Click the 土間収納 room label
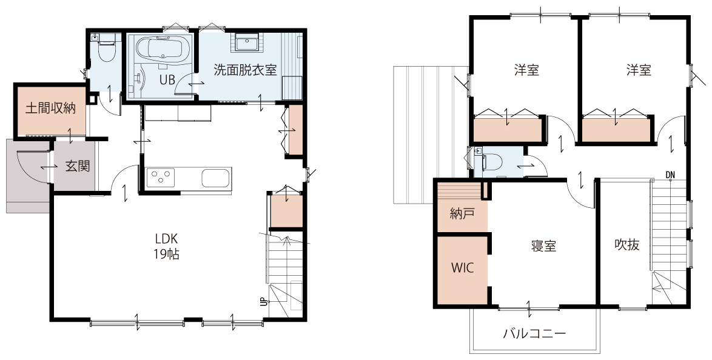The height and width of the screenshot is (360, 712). (x=50, y=108)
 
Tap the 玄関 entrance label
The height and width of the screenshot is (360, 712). (x=78, y=166)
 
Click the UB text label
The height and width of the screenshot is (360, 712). (x=167, y=80)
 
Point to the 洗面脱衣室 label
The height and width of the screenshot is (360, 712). (x=245, y=70)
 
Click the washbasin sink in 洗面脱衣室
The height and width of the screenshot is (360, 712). (x=247, y=42)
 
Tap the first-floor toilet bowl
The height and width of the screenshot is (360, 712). (x=106, y=52)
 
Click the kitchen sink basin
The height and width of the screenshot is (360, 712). (x=216, y=178)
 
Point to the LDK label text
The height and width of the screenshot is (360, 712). (x=166, y=239)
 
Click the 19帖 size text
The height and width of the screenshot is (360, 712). (x=166, y=254)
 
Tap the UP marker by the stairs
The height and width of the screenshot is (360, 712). (x=263, y=302)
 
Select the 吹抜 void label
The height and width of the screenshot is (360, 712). (x=627, y=245)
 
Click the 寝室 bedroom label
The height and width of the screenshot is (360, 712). (x=543, y=246)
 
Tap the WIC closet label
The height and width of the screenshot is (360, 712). (x=462, y=268)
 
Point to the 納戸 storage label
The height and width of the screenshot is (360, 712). (x=462, y=213)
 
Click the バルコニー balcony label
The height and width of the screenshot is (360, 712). (x=534, y=335)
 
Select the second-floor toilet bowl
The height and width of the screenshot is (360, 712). (x=494, y=162)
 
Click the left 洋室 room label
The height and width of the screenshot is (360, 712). (x=527, y=70)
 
